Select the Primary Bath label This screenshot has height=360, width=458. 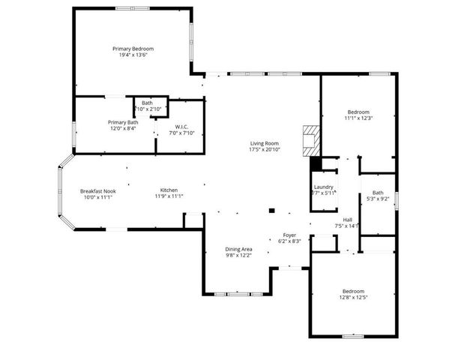click(123, 122)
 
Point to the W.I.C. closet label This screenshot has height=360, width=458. click(182, 127)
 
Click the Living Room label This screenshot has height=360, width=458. click(265, 143)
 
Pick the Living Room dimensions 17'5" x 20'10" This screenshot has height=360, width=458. click(265, 150)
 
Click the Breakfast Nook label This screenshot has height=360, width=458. click(97, 190)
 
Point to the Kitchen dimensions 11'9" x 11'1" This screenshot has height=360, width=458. click(169, 196)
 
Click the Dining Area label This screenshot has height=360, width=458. click(239, 249)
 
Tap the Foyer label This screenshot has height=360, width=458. click(289, 235)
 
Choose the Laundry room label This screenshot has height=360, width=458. click(324, 187)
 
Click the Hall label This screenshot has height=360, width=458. click(348, 219)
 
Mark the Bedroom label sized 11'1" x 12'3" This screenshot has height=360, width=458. click(359, 112)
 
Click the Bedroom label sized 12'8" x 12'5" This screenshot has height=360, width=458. click(353, 291)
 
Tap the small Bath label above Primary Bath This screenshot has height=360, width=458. click(147, 103)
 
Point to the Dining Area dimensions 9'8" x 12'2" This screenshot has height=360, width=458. click(239, 256)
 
